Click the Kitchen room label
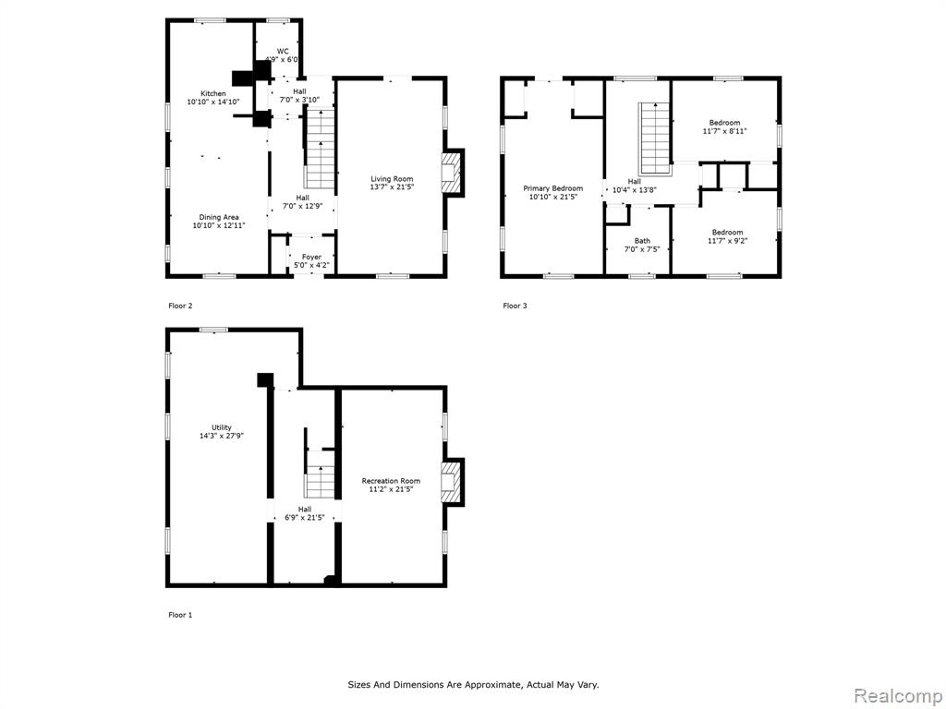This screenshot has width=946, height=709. click(213, 93)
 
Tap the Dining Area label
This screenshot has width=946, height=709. click(219, 217)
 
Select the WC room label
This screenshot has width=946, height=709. click(283, 52)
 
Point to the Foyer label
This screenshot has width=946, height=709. click(312, 257)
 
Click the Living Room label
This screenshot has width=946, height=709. click(392, 179)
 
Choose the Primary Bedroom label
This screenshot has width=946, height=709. click(553, 188)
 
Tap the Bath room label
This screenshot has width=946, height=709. click(642, 241)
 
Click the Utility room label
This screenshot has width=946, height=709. click(222, 427)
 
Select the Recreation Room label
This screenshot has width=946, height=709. click(391, 480)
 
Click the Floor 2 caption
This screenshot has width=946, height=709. click(180, 306)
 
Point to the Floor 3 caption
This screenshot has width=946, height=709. click(515, 306)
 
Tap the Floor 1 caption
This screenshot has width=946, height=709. click(180, 615)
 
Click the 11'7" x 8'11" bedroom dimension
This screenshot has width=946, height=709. click(724, 131)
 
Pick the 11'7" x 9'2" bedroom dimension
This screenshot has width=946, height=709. click(728, 241)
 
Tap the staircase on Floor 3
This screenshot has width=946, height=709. click(655, 138)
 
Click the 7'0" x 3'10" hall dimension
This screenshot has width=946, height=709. click(300, 100)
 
